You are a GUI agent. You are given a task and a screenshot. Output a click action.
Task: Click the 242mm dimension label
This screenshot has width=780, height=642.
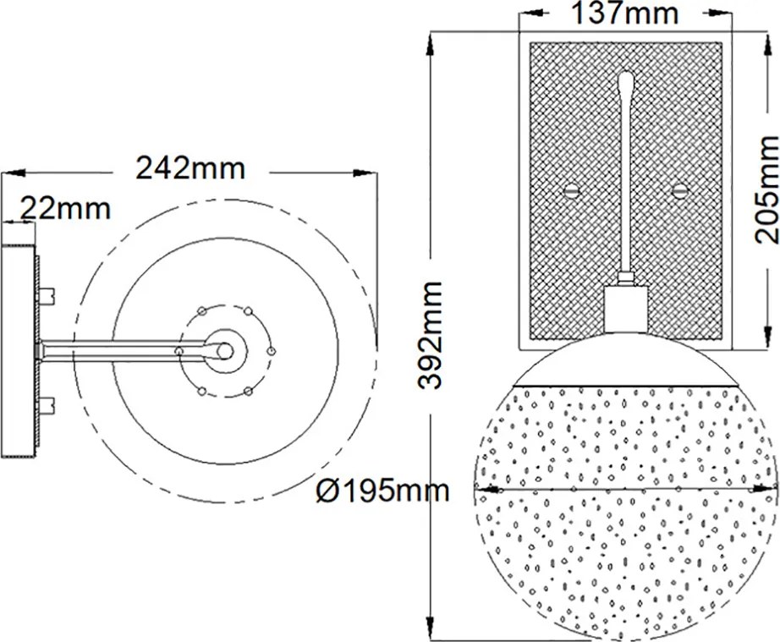(190, 168)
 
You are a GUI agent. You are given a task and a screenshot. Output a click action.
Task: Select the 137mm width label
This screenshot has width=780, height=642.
(624, 13)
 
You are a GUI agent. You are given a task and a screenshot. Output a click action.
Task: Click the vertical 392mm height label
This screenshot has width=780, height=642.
(431, 335)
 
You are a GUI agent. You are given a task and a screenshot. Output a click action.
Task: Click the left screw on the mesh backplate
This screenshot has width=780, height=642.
(572, 191)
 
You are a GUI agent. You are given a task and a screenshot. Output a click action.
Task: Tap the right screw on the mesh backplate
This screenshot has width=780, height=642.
(678, 191)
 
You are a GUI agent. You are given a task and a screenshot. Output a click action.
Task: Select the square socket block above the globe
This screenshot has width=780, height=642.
(625, 309)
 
